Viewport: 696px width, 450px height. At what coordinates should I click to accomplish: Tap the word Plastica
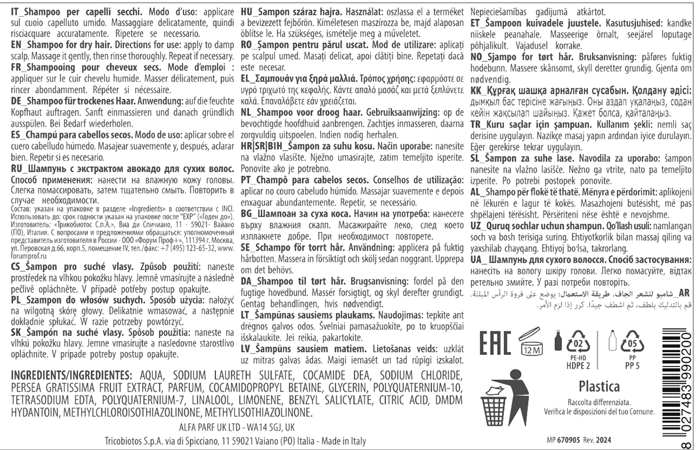tap(599, 386)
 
